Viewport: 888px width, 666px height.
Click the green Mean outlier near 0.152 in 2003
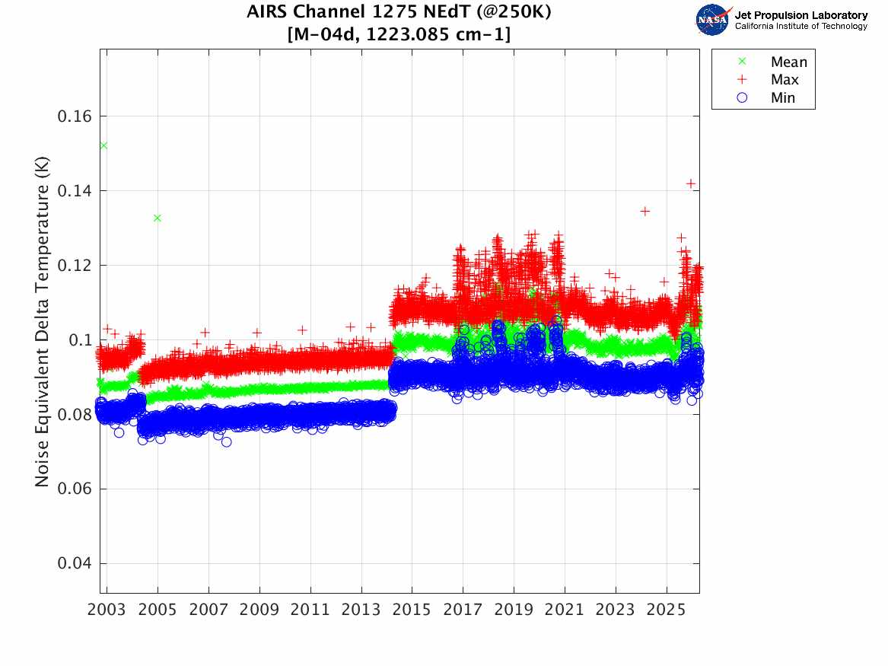coord(103,145)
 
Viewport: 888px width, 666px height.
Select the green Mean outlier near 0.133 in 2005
coord(158,218)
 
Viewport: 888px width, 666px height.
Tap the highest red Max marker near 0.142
coord(691,183)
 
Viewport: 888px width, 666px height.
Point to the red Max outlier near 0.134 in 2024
coord(645,212)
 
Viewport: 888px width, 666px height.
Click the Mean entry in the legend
coord(774,62)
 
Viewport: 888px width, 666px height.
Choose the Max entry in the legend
coord(769,80)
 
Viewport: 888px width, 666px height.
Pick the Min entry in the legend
coord(767,98)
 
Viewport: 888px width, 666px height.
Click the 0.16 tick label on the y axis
coord(74,116)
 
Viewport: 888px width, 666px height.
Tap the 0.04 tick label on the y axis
coord(74,563)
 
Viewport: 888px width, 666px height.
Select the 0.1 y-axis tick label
coord(80,339)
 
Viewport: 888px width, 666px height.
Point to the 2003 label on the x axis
coord(107,610)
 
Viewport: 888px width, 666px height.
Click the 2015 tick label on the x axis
coord(412,610)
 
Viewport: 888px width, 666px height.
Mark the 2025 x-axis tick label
coord(666,610)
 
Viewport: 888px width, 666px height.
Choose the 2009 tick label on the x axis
coord(259,610)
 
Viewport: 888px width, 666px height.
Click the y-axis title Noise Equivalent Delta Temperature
coord(42,322)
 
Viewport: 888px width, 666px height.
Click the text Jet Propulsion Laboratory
coord(800,15)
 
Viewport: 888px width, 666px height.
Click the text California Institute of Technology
coord(800,26)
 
